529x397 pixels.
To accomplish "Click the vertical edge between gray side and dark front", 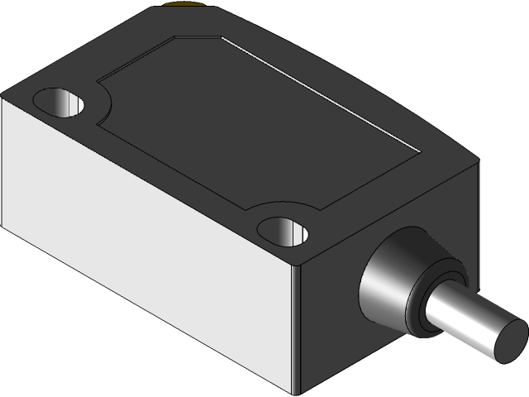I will click(295, 331).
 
